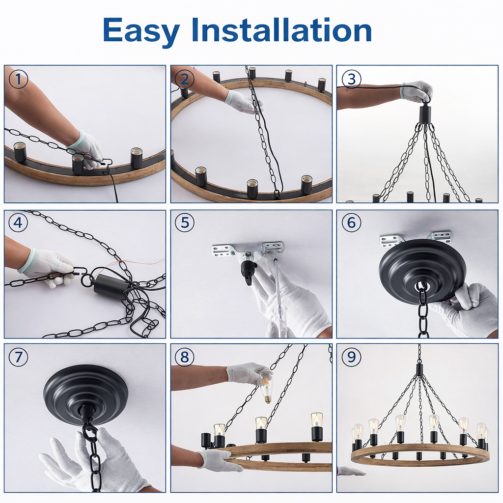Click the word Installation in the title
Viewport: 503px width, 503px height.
(x=281, y=29)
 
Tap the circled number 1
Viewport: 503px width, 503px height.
(x=18, y=79)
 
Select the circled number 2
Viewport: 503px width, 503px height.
(x=185, y=79)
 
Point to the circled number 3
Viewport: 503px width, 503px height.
(x=351, y=79)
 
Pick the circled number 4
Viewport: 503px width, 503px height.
(x=18, y=223)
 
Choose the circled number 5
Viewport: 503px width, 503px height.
(x=185, y=223)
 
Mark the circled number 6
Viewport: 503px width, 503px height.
(x=351, y=223)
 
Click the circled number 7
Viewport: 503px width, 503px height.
(x=18, y=357)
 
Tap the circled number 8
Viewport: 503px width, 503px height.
(x=185, y=357)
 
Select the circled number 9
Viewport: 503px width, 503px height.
(x=351, y=357)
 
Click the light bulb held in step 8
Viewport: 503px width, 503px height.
(x=266, y=390)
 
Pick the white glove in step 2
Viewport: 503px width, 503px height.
(x=244, y=102)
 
